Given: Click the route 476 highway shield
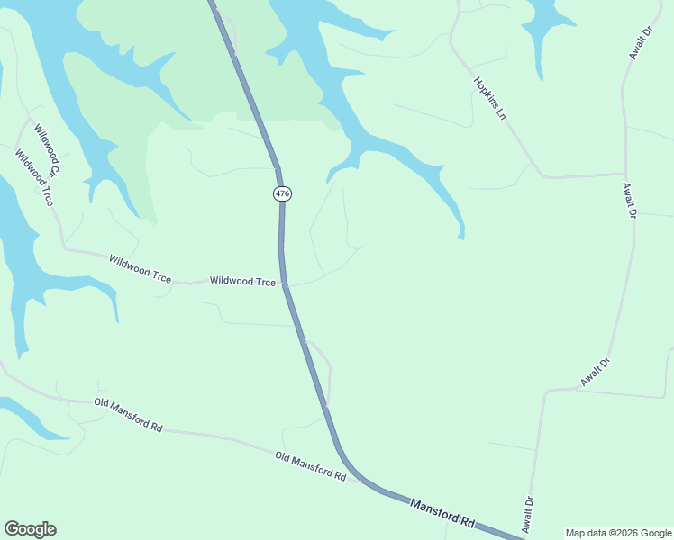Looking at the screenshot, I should (282, 193).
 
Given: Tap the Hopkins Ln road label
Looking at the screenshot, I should (487, 99).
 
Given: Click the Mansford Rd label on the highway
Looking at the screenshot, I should (442, 513).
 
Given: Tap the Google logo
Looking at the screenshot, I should (30, 529).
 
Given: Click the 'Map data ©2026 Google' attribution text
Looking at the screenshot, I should (618, 533).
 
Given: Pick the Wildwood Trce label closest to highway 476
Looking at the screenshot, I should (242, 281).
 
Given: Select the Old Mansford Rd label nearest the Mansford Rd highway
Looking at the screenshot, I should (311, 466).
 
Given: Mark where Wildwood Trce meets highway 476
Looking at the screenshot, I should (285, 284).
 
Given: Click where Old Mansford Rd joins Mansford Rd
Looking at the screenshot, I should (360, 480).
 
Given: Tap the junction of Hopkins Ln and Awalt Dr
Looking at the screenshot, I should (624, 175).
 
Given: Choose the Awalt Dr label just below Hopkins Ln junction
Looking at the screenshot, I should (629, 201).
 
